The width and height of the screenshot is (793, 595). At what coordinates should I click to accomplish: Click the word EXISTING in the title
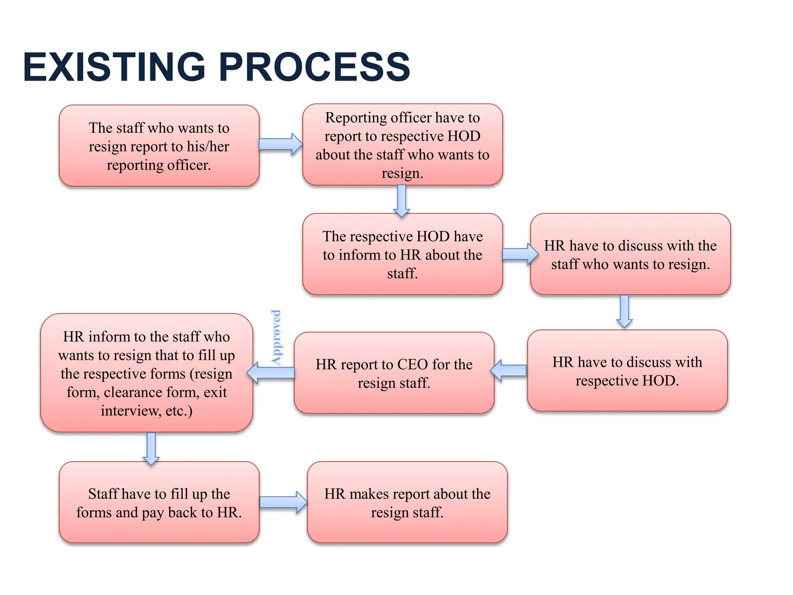coord(114,67)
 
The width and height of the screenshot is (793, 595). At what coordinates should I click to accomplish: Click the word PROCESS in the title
coord(314,67)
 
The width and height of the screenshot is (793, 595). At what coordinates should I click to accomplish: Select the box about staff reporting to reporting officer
coord(159,146)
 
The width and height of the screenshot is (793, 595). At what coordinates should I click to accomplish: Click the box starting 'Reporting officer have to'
coord(402,144)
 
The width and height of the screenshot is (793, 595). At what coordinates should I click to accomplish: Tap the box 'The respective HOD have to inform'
coord(402,254)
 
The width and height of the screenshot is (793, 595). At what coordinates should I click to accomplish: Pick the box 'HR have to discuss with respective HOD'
coord(627,371)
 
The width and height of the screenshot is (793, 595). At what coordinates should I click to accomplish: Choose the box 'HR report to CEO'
coord(394,373)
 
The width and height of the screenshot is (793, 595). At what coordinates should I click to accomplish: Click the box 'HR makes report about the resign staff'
coord(407,502)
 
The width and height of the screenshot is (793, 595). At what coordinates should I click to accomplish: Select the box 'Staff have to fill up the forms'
coord(159,502)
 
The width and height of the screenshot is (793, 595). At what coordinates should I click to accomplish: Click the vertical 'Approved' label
coord(276,337)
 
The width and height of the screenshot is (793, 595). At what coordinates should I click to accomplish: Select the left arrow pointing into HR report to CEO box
coord(509,371)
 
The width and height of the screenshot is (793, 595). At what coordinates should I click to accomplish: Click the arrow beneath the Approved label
coord(271,373)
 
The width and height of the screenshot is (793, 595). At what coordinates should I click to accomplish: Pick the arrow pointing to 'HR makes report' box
coord(283,502)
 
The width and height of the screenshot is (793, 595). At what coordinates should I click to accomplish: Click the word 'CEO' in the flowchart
coord(412,365)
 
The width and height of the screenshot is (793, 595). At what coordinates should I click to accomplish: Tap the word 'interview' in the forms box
coord(129,411)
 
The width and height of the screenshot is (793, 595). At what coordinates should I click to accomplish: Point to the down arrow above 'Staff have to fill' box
coord(151,448)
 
